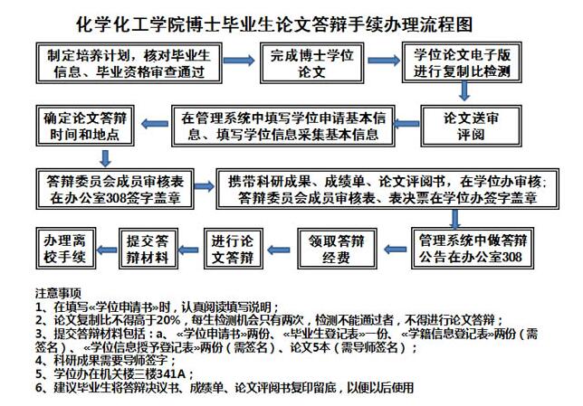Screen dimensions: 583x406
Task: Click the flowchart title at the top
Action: pos(274,24)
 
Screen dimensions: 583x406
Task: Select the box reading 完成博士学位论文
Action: pos(311,62)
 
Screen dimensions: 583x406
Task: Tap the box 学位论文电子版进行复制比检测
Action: pos(462,62)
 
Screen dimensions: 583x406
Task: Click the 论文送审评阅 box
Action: pos(471,126)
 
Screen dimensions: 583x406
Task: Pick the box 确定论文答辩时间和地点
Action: pos(85,126)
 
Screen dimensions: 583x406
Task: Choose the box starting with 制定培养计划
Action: pos(129,62)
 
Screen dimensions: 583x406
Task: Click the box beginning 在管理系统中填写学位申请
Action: pos(283,126)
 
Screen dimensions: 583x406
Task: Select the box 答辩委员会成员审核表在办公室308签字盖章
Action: pos(115,189)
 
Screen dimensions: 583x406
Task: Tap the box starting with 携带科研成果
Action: pos(387,189)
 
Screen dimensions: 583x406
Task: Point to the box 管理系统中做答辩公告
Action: pos(473,248)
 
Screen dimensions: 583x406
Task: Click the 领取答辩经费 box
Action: pos(337,249)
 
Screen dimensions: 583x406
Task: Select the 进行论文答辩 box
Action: pos(234,249)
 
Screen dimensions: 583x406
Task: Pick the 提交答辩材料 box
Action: pos(148,249)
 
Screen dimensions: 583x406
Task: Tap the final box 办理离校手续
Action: pos(66,248)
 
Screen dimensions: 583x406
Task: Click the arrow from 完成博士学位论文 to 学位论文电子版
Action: pos(384,61)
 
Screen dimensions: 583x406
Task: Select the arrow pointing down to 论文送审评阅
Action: pos(464,91)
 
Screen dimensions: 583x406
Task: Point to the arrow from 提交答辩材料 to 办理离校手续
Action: pos(107,250)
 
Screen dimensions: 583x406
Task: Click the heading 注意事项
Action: pos(58,293)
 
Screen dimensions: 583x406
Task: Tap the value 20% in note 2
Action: pos(168,320)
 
